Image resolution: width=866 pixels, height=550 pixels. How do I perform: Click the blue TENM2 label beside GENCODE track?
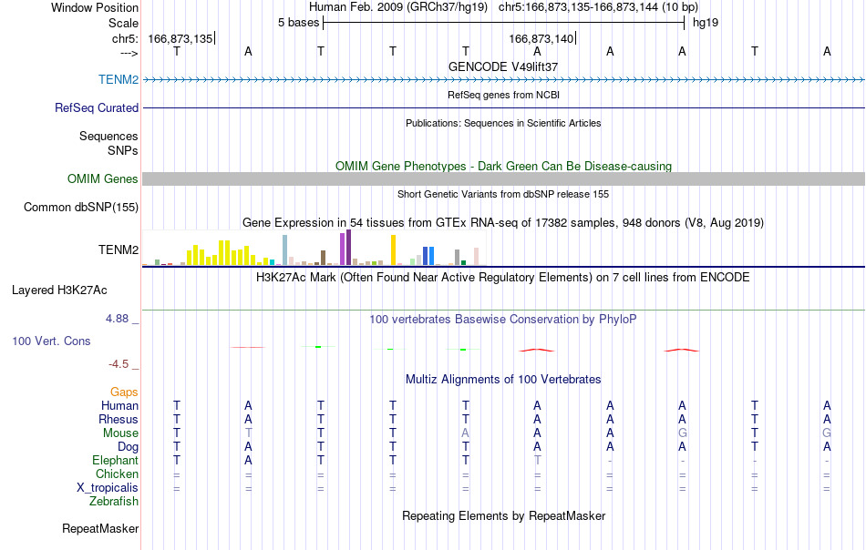click(x=119, y=79)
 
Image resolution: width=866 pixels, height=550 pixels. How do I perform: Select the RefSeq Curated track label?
click(x=96, y=107)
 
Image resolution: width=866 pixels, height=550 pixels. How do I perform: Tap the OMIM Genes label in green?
click(x=102, y=178)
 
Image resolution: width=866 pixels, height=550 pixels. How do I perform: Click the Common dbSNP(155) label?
click(x=80, y=207)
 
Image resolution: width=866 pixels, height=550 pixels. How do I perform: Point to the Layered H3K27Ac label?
click(x=59, y=290)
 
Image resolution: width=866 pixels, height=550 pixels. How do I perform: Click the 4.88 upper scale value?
click(x=117, y=319)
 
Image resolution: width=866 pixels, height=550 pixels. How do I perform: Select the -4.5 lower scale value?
click(x=119, y=363)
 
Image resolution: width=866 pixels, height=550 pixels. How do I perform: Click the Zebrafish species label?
click(x=114, y=502)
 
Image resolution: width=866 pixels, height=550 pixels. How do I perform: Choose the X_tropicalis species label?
click(x=108, y=488)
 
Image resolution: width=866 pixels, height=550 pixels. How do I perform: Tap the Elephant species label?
click(x=115, y=460)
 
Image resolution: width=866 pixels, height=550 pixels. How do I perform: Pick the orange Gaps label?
click(x=124, y=392)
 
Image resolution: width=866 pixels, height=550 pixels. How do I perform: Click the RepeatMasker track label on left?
click(x=100, y=528)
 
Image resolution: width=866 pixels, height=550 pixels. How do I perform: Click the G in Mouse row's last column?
click(x=827, y=433)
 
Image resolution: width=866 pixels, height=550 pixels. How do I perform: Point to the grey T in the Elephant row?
click(x=538, y=460)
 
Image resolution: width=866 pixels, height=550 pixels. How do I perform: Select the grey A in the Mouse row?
click(x=465, y=433)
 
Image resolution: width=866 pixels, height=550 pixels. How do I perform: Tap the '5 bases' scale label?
click(x=298, y=23)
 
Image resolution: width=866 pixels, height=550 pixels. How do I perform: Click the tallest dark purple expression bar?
click(x=348, y=248)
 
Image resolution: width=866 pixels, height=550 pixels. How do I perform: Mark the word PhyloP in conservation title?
click(x=617, y=319)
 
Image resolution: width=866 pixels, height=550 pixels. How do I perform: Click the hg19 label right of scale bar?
click(x=706, y=23)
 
